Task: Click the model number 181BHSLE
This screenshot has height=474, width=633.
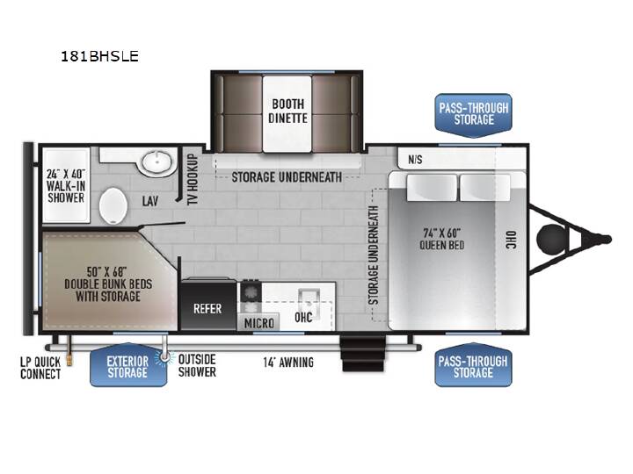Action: point(99,56)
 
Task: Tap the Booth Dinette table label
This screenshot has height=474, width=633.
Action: point(287,111)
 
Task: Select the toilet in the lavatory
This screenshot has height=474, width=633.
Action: point(113,205)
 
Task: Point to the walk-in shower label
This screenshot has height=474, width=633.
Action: point(66,186)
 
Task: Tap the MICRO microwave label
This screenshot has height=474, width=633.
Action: point(259,323)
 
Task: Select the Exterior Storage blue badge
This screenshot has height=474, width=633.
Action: point(128,365)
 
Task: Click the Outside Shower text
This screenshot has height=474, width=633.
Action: point(197,365)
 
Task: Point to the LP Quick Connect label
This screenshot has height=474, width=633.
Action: point(40,368)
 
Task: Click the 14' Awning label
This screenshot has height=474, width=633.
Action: point(288,363)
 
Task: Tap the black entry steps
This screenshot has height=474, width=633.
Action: point(363,354)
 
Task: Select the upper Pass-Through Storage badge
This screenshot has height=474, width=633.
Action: point(473,114)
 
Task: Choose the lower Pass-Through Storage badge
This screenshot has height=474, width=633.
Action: point(473,365)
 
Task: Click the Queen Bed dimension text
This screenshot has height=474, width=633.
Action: point(441,239)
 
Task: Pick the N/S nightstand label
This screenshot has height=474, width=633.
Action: point(415,160)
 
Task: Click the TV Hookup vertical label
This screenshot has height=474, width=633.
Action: point(193,179)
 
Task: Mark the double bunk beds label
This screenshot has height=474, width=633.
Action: point(108,284)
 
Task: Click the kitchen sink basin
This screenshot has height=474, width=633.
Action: point(309,300)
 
